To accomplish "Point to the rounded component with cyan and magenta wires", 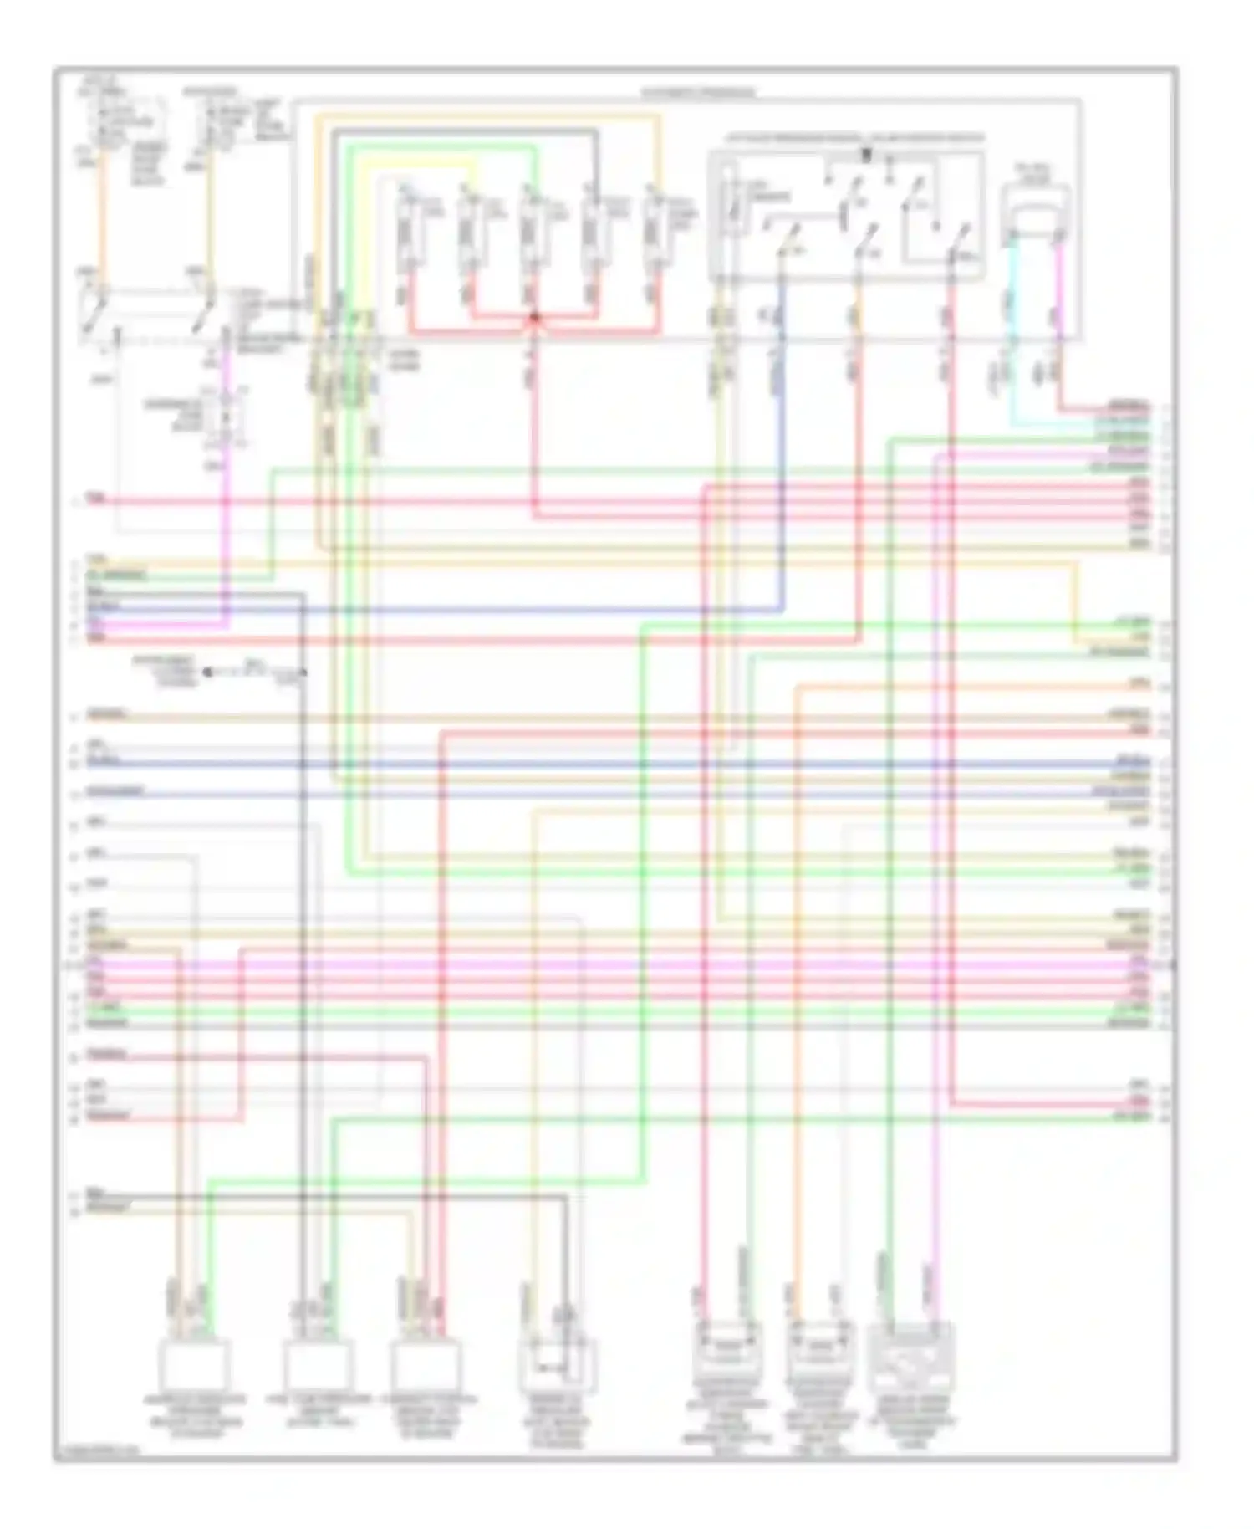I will point(1035,209).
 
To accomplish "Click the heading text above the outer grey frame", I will point(698,93).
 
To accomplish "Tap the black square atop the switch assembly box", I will point(866,154).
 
